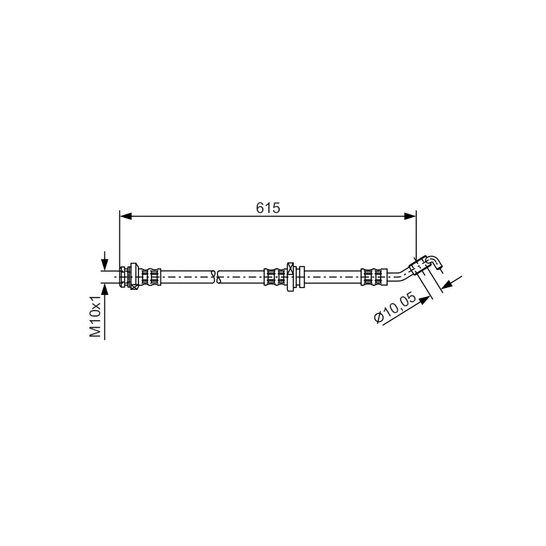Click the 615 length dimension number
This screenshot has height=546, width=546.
point(268,208)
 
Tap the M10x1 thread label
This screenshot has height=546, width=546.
point(95,316)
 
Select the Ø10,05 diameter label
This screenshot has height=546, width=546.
point(395,308)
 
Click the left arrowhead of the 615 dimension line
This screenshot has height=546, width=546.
point(126,216)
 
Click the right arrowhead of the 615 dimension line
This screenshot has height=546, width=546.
point(410,216)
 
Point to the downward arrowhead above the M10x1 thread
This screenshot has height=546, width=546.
point(104,264)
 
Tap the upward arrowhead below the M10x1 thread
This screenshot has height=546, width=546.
point(104,289)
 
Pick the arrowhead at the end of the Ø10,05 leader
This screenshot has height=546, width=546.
point(424,300)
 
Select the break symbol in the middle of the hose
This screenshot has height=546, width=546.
point(216,276)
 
